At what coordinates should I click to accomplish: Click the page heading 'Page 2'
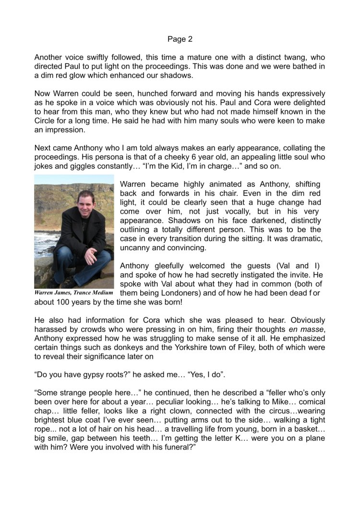[x=180, y=39]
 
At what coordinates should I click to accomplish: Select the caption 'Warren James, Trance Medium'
[x=73, y=292]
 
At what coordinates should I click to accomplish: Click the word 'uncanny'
[x=139, y=247]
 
